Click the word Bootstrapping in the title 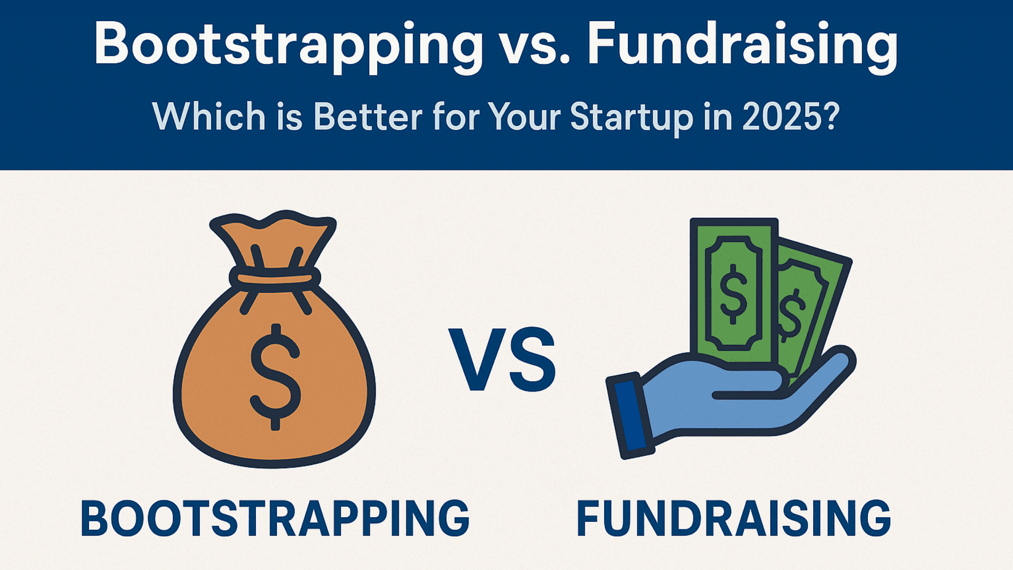(289, 46)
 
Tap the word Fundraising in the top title (742, 46)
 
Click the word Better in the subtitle (368, 116)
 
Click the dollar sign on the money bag (275, 376)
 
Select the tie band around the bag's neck (275, 278)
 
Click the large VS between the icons (503, 359)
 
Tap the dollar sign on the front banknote (733, 293)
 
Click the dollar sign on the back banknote (790, 316)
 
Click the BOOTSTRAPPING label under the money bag (275, 518)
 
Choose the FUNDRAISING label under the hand (733, 518)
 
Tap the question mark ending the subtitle (831, 116)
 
